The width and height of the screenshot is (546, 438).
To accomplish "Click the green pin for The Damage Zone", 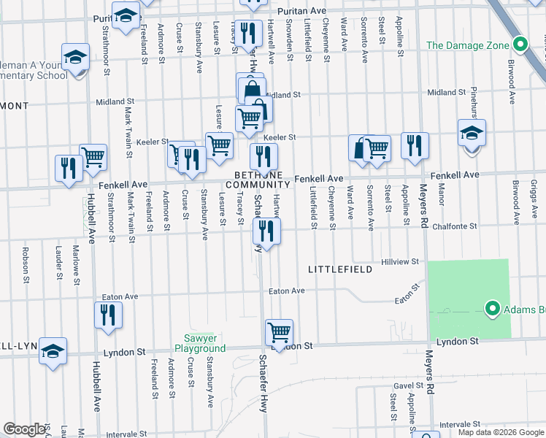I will coord(520,45).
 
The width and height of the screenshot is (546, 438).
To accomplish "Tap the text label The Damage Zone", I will coord(467,45).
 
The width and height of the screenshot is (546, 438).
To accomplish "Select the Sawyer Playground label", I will coord(199,343).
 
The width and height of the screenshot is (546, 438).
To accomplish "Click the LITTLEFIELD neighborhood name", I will coord(340,269).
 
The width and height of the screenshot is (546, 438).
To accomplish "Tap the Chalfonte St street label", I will coord(453,226).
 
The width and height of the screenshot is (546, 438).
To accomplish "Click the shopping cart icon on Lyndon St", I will coord(280,333).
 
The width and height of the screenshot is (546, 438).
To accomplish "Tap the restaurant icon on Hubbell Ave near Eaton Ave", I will coord(108,315).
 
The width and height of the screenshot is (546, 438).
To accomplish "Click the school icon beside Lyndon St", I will coord(53,351).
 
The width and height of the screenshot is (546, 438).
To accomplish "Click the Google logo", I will coord(24,429).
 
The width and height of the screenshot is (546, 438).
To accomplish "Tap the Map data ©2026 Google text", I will coord(500,432).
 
